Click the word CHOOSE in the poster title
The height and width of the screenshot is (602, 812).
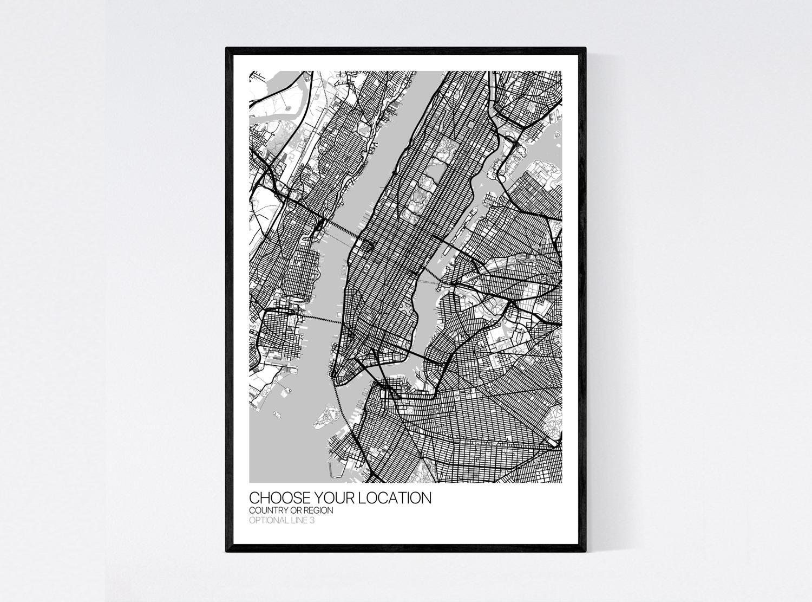(274, 498)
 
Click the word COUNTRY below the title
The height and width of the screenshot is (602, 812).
(268, 510)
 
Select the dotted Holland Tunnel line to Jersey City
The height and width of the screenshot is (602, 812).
(319, 318)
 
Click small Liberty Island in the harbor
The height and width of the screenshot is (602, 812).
(277, 415)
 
